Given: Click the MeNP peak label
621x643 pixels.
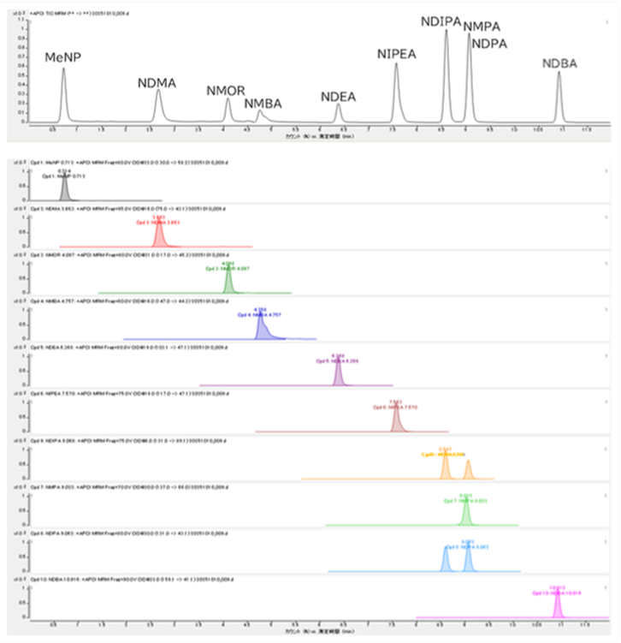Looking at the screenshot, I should click(62, 57).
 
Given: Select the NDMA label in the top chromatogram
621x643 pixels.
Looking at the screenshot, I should click(157, 83).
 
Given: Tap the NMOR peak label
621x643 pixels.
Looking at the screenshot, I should click(226, 91).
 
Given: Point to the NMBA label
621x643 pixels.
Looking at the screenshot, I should click(263, 104).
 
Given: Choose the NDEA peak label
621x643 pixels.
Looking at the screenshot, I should click(338, 97).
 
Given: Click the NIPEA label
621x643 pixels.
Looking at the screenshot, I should click(397, 54).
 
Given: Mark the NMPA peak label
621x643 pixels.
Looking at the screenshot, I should click(480, 27).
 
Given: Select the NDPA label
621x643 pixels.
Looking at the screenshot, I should click(489, 44).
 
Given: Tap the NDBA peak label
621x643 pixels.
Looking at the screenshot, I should click(559, 64).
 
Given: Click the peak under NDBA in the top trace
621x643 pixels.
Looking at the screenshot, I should click(559, 98).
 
